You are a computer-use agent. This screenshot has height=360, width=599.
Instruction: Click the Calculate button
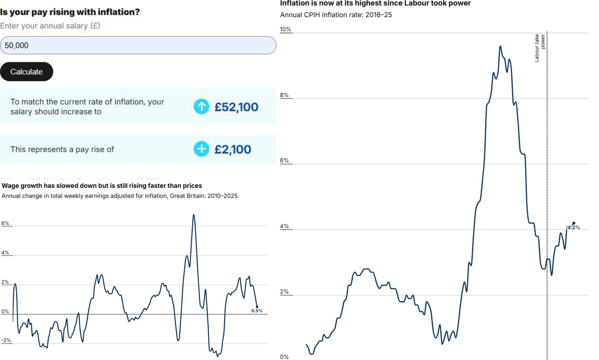[26, 72]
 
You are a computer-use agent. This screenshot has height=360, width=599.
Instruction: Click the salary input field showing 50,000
[138, 45]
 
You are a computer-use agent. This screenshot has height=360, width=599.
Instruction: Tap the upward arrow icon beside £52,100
[201, 106]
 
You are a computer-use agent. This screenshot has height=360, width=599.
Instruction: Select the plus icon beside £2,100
[201, 149]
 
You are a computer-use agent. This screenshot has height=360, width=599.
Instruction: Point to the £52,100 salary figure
[236, 107]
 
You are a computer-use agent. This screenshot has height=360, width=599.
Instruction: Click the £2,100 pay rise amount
[233, 150]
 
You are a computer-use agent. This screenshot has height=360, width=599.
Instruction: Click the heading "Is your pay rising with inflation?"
[70, 12]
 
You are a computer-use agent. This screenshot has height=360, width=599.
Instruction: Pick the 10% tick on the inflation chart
[285, 29]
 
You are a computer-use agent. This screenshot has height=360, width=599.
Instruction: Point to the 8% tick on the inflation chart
[284, 95]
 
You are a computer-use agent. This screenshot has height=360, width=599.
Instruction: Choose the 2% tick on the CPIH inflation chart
[284, 292]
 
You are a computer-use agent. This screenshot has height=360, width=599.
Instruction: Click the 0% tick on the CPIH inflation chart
[284, 357]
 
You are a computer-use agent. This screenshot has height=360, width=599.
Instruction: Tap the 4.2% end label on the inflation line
[574, 228]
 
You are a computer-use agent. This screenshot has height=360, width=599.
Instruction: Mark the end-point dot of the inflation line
[574, 223]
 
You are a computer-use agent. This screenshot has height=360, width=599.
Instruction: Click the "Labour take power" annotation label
[540, 48]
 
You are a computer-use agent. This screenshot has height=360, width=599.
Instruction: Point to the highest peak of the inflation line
[500, 46]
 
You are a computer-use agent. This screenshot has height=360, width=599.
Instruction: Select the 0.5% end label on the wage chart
[257, 311]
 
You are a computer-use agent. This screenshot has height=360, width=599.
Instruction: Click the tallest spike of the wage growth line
[194, 215]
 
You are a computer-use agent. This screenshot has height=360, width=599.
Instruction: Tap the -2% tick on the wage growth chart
[6, 341]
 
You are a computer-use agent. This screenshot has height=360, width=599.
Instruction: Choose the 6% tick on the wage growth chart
[5, 223]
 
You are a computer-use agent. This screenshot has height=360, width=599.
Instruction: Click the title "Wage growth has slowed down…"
[102, 186]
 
